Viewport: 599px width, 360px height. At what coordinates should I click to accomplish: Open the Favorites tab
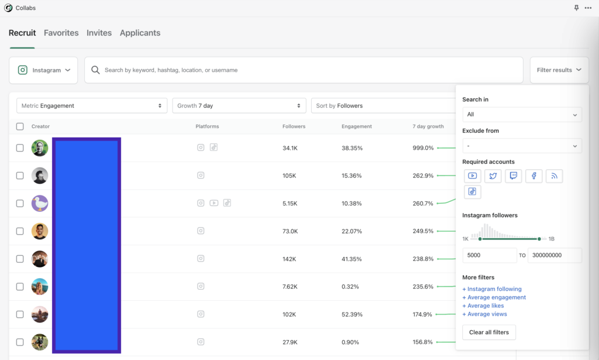click(61, 33)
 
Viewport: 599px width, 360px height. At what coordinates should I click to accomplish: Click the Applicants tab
click(140, 33)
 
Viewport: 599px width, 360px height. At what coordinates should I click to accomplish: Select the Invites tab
click(99, 33)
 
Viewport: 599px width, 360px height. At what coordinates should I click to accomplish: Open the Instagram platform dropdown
click(44, 70)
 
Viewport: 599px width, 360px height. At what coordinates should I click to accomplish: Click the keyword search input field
click(304, 70)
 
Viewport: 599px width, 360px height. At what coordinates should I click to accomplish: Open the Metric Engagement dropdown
click(92, 106)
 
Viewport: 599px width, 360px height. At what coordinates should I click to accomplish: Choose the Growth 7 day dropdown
click(239, 106)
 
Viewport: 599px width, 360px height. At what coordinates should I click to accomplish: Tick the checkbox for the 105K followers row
click(20, 176)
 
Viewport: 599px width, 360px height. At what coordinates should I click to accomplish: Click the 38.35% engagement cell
click(352, 148)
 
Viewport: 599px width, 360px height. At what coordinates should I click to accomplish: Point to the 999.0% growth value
click(423, 148)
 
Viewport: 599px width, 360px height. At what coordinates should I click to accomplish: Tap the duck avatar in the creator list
click(40, 203)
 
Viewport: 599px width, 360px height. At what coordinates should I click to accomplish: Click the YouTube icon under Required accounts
click(473, 176)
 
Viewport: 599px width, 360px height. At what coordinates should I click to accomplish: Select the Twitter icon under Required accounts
click(493, 176)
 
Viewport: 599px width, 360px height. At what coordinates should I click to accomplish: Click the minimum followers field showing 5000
click(490, 256)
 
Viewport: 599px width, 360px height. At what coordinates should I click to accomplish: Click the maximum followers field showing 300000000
click(555, 256)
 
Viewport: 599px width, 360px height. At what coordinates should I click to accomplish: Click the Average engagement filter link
click(494, 297)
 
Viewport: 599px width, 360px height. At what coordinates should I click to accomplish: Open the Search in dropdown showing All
click(522, 115)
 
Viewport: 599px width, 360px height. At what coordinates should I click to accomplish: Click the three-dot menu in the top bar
click(588, 8)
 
